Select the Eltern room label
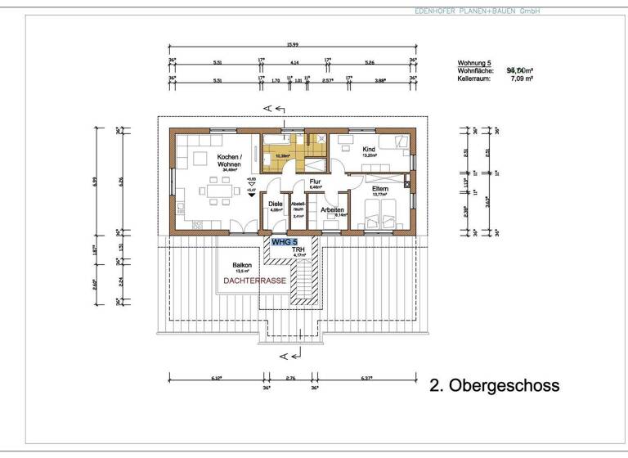379,189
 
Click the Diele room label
276,204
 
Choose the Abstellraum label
298,208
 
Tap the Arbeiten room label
332,210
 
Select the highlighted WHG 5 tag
285,242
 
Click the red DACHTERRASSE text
252,281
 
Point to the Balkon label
241,265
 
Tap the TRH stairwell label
298,249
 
